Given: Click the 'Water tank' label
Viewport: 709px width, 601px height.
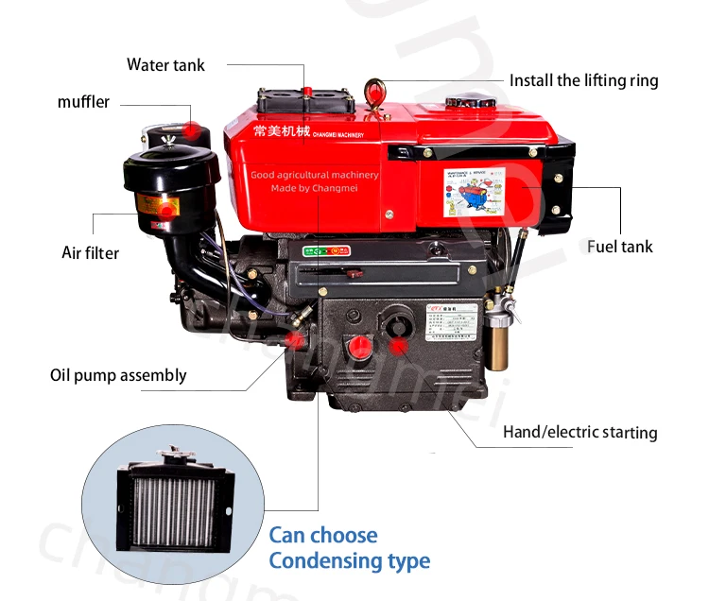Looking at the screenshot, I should coord(165,64).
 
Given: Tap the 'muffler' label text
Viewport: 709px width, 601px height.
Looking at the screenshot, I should coord(83,101).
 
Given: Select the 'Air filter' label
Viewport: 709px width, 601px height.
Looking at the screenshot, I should coord(91,252).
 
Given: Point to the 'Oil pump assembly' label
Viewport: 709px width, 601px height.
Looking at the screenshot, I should coord(118,375).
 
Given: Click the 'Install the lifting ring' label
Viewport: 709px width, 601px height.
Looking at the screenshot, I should coord(583,80).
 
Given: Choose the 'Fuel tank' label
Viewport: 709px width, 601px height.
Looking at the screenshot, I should coord(619,247).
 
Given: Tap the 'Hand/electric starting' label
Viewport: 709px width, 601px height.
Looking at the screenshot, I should coord(579,432).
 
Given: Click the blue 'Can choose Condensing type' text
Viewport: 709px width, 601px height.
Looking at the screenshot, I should coord(349,548).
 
